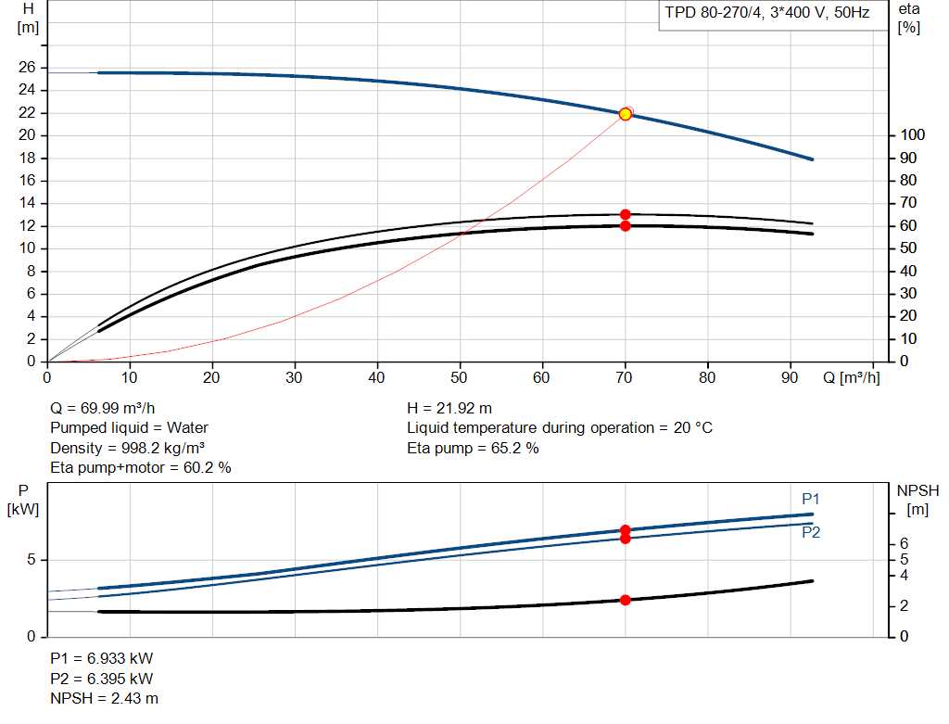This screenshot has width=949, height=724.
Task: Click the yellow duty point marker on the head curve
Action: pyautogui.click(x=626, y=114)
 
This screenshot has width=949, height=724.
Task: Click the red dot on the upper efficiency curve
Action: pyautogui.click(x=626, y=214)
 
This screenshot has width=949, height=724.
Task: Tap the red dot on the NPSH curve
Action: pyautogui.click(x=626, y=600)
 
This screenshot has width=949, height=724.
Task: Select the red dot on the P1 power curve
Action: pyautogui.click(x=626, y=529)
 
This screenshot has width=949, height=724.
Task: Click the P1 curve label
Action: pyautogui.click(x=810, y=499)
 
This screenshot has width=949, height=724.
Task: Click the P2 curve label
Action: pyautogui.click(x=810, y=532)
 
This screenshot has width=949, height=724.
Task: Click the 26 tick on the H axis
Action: pyautogui.click(x=27, y=67)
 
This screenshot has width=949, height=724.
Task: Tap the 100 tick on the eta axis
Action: pyautogui.click(x=912, y=135)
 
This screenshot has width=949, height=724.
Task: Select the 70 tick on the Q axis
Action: pyautogui.click(x=624, y=377)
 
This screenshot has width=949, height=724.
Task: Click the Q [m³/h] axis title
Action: pyautogui.click(x=851, y=377)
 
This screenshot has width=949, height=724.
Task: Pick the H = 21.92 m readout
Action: pyautogui.click(x=449, y=409)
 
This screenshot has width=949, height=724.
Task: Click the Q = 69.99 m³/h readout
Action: pyautogui.click(x=102, y=409)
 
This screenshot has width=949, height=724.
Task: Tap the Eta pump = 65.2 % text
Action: pyautogui.click(x=473, y=448)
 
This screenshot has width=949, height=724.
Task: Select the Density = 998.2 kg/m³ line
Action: pyautogui.click(x=127, y=448)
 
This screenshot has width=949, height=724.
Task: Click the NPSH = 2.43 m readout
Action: pyautogui.click(x=104, y=699)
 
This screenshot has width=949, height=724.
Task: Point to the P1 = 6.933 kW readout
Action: pyautogui.click(x=102, y=658)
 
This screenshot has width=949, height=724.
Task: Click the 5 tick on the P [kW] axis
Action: pyautogui.click(x=31, y=560)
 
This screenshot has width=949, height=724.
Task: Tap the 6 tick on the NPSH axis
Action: pyautogui.click(x=904, y=543)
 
